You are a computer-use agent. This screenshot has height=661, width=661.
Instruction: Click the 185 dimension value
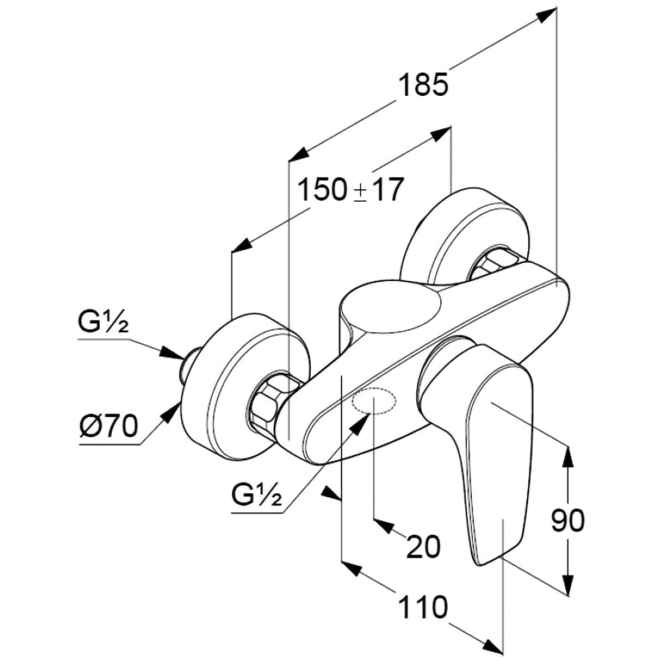(424, 86)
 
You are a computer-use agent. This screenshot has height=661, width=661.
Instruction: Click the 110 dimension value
(422, 607)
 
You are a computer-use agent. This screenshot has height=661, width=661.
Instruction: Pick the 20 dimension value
(424, 547)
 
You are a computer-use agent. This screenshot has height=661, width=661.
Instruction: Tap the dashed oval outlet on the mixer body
(373, 402)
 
